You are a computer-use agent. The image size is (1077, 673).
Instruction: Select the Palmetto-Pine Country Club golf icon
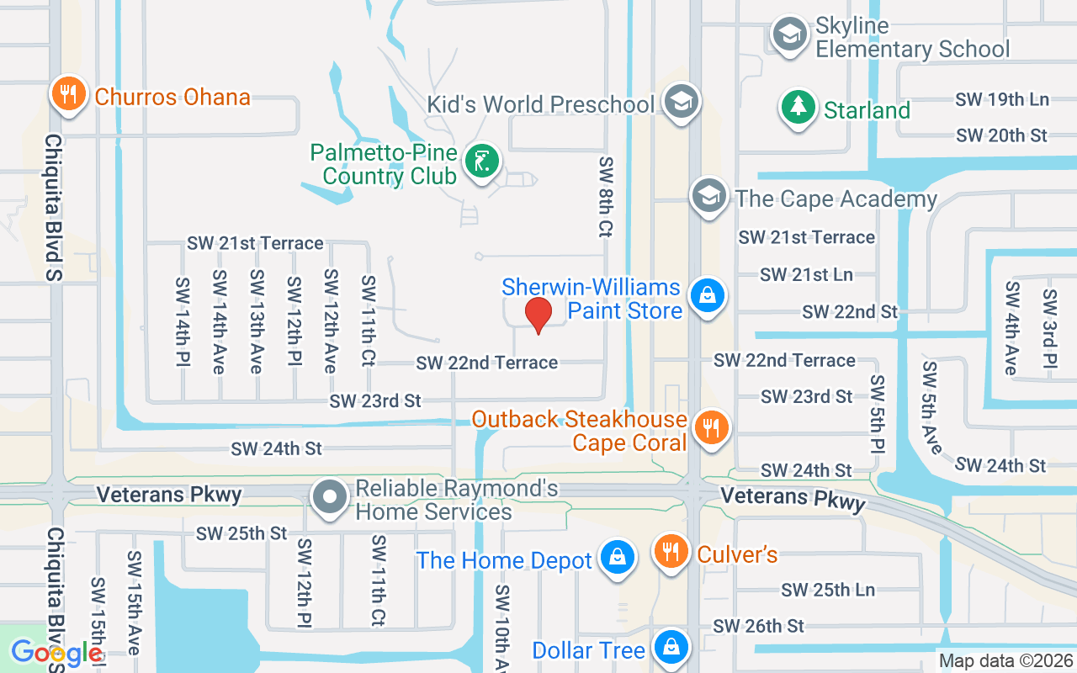[x=484, y=161]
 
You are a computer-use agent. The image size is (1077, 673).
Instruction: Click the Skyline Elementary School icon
[x=790, y=35]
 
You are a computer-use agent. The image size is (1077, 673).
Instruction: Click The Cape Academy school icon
[x=709, y=197]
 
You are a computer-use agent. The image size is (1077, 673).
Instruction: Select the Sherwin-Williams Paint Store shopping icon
[x=708, y=295]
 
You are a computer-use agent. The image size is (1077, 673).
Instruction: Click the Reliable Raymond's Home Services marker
[x=330, y=495]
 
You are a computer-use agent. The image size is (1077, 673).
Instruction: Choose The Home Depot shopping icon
[x=617, y=558]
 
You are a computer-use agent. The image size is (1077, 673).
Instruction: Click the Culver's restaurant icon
[x=671, y=552]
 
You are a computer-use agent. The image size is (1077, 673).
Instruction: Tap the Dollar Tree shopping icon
[x=671, y=648]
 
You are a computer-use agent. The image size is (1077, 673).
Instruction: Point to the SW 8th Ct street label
[x=605, y=196]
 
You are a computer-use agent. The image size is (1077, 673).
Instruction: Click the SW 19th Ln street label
[x=1002, y=99]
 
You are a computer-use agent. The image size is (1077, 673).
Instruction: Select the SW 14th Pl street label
[x=182, y=326]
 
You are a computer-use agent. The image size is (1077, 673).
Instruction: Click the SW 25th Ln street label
[x=828, y=590]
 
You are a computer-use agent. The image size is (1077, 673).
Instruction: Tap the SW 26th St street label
[x=758, y=626]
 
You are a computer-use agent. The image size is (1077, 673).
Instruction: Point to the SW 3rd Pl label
[x=1049, y=329]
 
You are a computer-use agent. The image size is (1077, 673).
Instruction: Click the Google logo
[x=56, y=653]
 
